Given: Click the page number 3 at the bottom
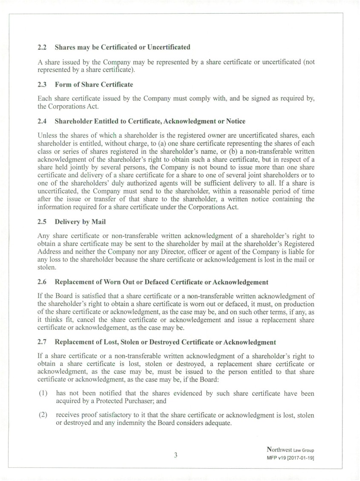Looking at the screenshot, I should tap(176, 455).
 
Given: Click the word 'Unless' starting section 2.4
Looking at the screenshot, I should tap(47, 136).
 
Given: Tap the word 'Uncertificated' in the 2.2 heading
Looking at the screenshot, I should tap(168, 47).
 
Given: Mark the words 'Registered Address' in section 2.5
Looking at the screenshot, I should tap(294, 243).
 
